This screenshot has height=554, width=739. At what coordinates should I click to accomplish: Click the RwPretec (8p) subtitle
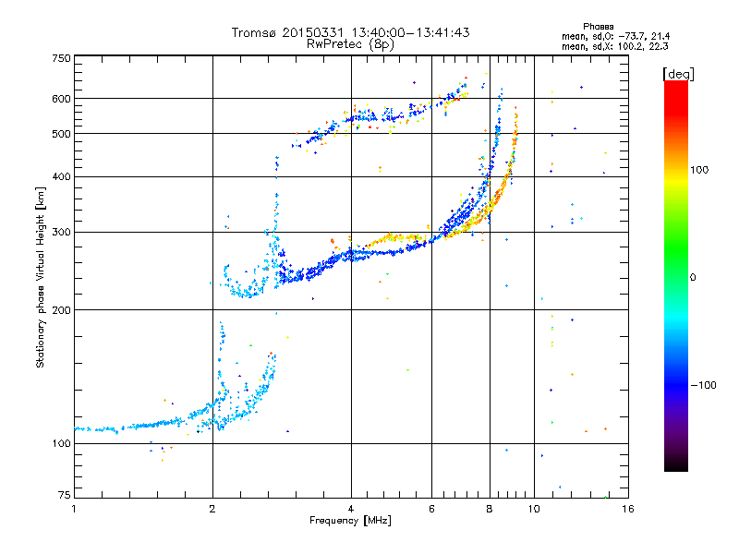pyautogui.click(x=350, y=44)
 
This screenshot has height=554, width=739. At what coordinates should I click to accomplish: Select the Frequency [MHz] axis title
pyautogui.click(x=350, y=521)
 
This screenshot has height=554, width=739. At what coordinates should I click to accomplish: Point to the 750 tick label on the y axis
pyautogui.click(x=61, y=58)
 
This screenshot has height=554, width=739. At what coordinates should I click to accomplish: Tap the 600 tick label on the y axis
pyautogui.click(x=61, y=99)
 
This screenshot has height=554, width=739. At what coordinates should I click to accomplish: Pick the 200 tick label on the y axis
pyautogui.click(x=61, y=310)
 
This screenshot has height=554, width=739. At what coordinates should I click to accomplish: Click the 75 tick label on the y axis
pyautogui.click(x=65, y=495)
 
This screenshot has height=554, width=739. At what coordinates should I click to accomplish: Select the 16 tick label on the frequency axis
pyautogui.click(x=628, y=509)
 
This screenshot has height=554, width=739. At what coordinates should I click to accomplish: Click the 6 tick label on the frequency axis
pyautogui.click(x=431, y=509)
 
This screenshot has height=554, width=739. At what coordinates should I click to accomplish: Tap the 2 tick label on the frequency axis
pyautogui.click(x=212, y=509)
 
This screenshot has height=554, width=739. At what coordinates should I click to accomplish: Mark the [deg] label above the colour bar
pyautogui.click(x=678, y=74)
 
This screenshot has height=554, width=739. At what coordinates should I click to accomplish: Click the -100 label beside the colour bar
pyautogui.click(x=703, y=385)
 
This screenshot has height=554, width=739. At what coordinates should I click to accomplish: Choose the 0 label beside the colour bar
pyautogui.click(x=692, y=278)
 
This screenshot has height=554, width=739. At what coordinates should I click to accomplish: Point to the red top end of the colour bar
pyautogui.click(x=676, y=84)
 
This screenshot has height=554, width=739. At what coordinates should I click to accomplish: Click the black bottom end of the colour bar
pyautogui.click(x=676, y=468)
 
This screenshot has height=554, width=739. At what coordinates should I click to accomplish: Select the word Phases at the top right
pyautogui.click(x=598, y=27)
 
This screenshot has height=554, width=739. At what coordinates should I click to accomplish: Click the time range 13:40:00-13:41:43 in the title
pyautogui.click(x=410, y=32)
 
